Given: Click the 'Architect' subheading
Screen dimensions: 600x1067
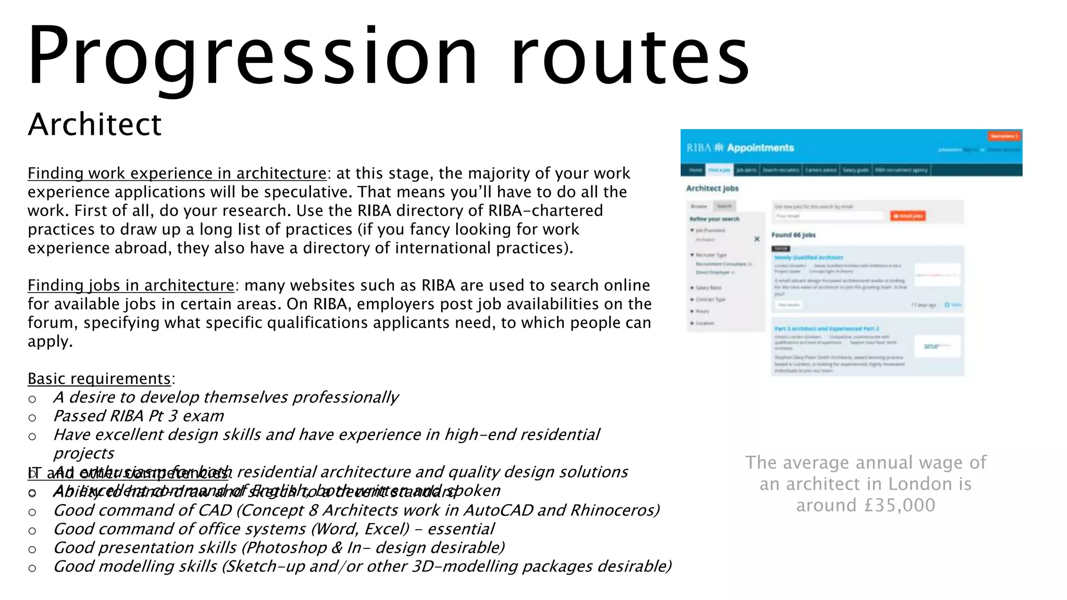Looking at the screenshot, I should (x=95, y=124).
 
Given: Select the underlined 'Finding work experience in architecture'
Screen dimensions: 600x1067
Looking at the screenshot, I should (x=177, y=173).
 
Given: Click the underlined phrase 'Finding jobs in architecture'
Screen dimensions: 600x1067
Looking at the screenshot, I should (x=131, y=285).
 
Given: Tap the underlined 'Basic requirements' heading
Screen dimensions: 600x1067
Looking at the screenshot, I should (x=99, y=379).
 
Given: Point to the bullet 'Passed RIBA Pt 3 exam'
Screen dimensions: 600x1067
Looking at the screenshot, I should (x=139, y=416).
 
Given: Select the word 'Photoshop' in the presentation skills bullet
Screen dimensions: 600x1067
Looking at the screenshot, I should (x=287, y=548).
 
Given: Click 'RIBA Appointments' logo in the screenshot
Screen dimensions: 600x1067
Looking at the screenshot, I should (x=740, y=148).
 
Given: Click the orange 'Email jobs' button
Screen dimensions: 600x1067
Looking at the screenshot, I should (x=908, y=216).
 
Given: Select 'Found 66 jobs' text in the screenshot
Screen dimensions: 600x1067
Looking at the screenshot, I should (x=793, y=235).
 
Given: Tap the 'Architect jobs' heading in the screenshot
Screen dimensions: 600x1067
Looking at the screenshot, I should (x=712, y=189).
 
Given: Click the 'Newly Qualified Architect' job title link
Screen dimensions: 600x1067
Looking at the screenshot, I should (x=809, y=257).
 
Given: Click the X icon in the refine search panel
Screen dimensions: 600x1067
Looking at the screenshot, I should (x=757, y=239).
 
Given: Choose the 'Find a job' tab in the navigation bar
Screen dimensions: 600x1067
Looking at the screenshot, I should (x=719, y=170).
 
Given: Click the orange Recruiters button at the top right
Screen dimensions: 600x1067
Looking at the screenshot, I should (x=1004, y=136).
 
